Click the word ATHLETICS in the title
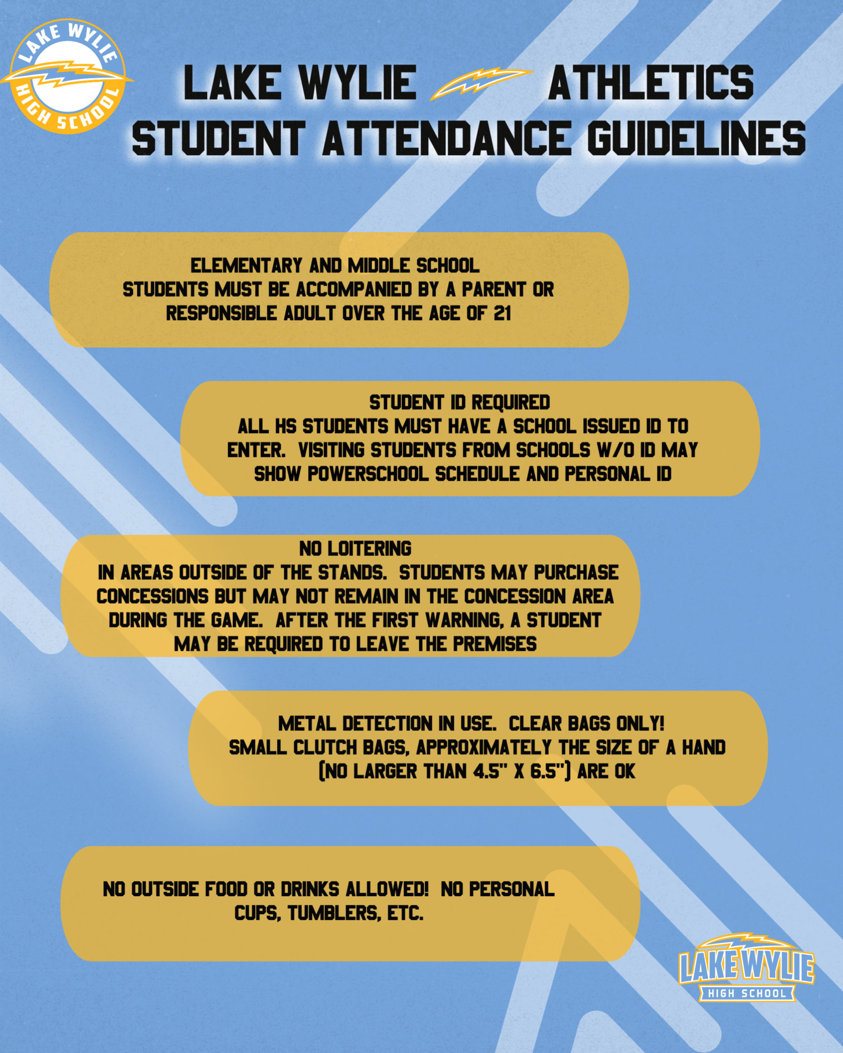(x=651, y=83)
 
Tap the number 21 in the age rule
(x=502, y=313)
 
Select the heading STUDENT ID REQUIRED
(x=459, y=402)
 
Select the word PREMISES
(x=494, y=644)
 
